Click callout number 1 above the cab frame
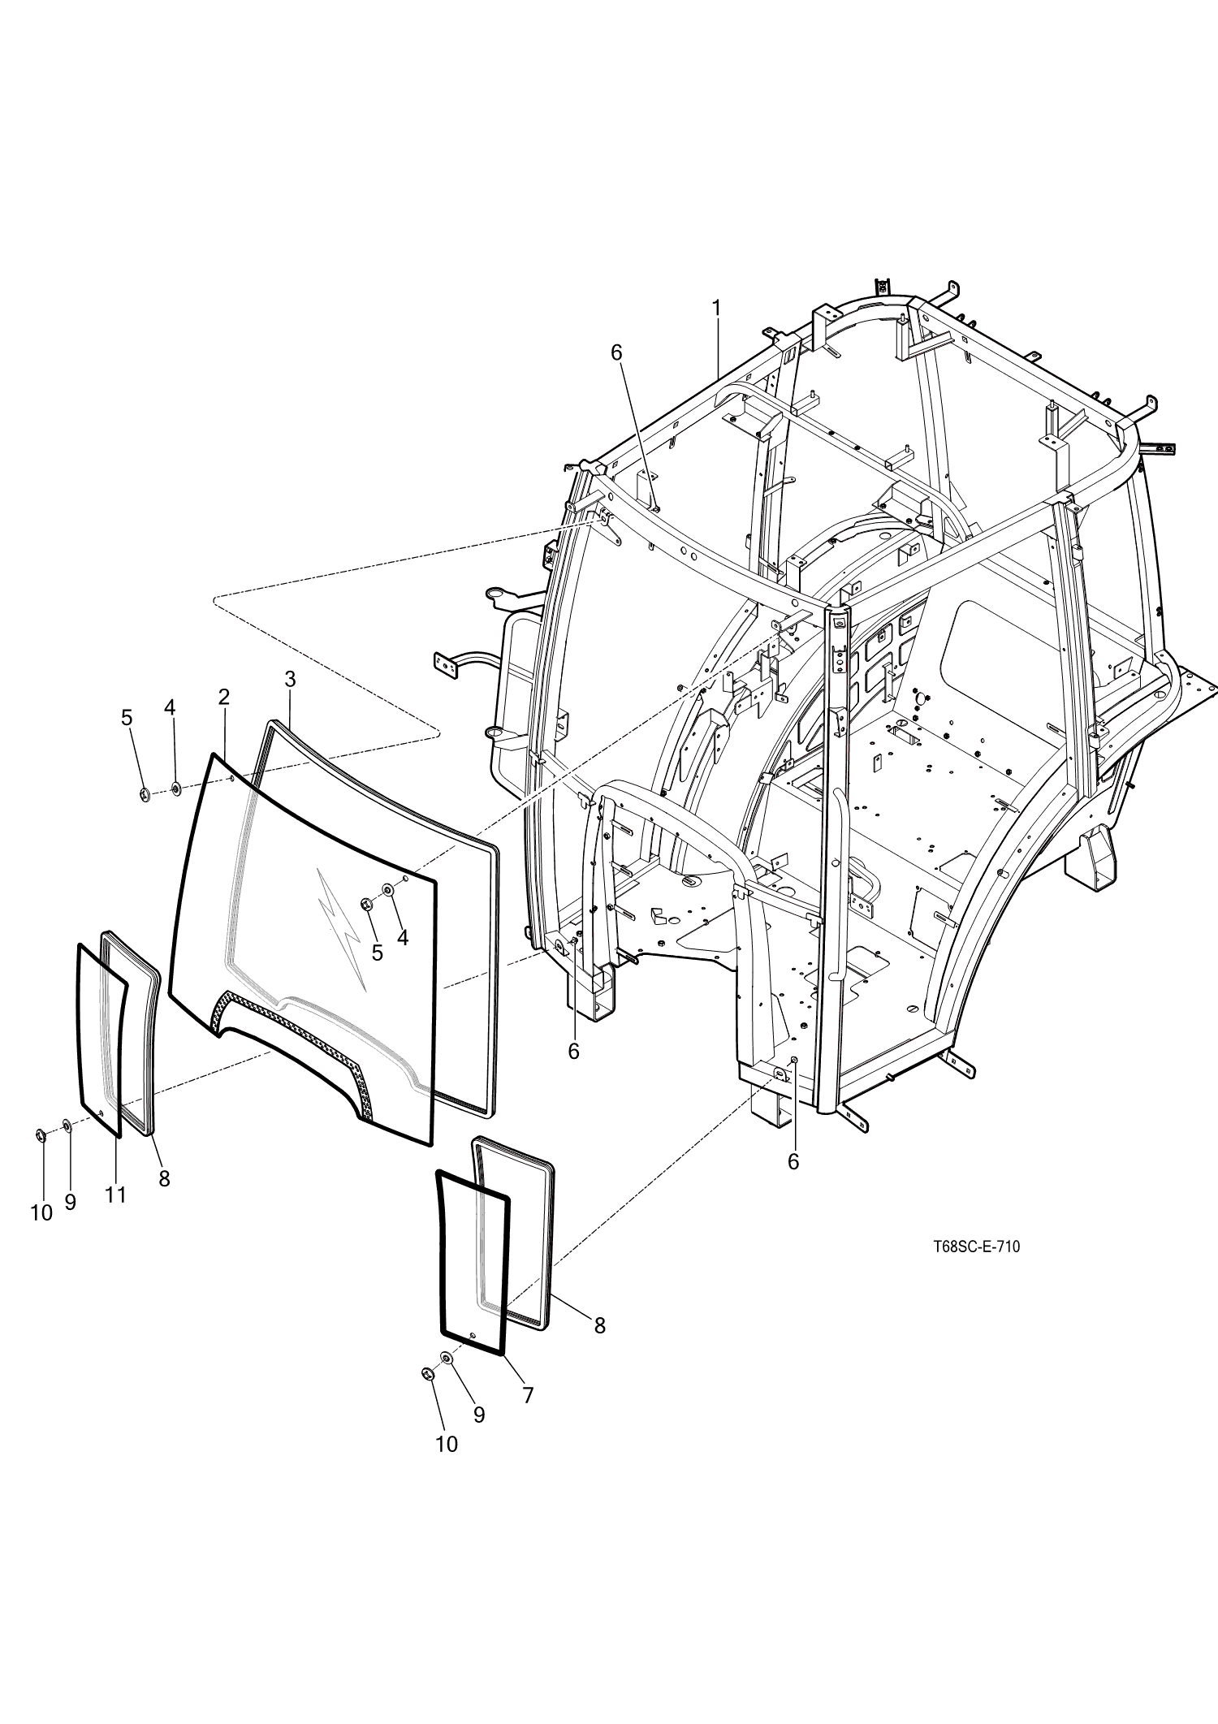coord(716,309)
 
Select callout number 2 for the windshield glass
coord(223,696)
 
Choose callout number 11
coord(115,1194)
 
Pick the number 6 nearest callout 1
coord(615,352)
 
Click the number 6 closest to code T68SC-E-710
coord(793,1162)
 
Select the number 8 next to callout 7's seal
coord(599,1326)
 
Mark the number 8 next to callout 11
coord(164,1178)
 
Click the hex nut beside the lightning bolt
coord(366,905)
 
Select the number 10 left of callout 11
coord(41,1213)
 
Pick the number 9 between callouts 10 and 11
coord(71,1202)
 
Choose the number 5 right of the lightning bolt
coord(377,953)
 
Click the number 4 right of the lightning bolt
coord(403,937)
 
